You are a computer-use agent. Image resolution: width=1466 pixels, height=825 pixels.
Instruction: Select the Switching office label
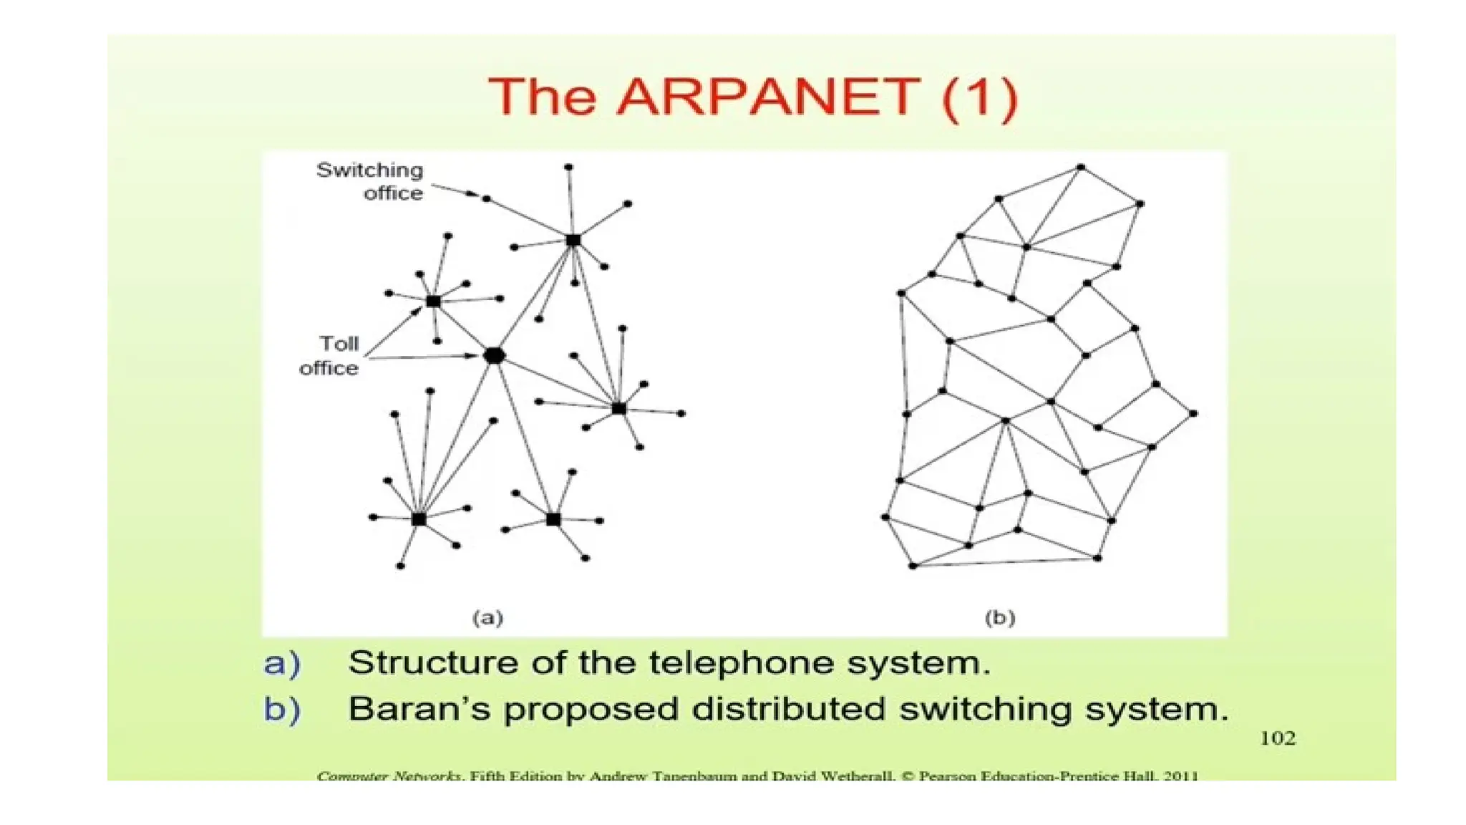(371, 181)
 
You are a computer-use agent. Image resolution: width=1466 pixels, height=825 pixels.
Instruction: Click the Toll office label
(330, 356)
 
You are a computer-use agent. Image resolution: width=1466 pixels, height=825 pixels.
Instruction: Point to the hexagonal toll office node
(494, 355)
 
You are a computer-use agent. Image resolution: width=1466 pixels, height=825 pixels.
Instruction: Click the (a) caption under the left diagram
(487, 617)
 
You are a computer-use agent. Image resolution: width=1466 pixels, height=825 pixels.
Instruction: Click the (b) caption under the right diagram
(1000, 617)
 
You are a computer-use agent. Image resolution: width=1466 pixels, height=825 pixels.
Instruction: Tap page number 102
(1278, 738)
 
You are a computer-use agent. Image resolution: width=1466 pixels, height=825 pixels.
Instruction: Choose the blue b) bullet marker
(282, 710)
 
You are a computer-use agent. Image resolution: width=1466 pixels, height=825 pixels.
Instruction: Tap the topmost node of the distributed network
(1081, 168)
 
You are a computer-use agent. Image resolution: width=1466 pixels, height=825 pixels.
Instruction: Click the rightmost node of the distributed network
(1193, 414)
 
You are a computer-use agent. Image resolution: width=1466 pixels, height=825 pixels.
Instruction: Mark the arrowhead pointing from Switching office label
(472, 194)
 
